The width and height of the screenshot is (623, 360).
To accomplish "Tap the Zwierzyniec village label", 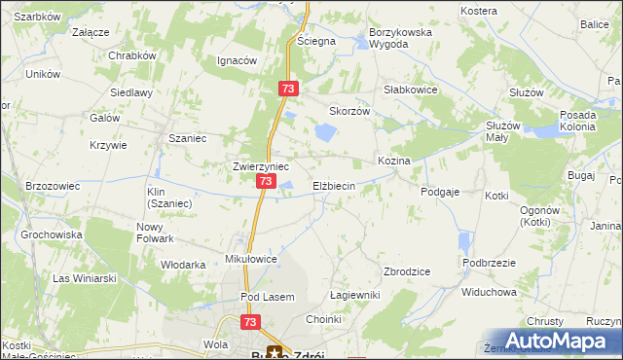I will pos(261,166).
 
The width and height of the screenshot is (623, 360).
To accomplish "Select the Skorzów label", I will pos(350,111).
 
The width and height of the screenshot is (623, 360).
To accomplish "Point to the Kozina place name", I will pos(394,160).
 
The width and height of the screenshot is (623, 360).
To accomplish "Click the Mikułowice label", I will pos(252,260).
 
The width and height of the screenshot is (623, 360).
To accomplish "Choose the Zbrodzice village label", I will pos(408,271).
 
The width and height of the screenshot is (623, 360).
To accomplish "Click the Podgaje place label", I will pos(440,193).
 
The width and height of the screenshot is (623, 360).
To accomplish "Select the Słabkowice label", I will pos(410,89).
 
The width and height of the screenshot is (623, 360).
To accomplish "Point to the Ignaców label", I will pos(237,60).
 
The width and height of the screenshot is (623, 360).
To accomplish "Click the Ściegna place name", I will pos(316,41).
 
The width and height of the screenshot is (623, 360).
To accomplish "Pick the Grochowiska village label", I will pos(50,234).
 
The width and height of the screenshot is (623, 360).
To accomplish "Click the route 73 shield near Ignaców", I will pos(287,89).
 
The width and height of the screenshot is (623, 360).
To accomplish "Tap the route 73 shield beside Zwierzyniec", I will pos(266,182).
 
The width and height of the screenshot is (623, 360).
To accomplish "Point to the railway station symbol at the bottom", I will pos(277,352).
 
